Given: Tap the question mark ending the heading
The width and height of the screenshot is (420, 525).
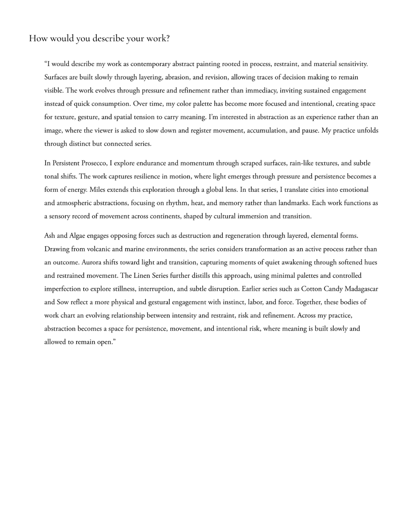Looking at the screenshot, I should pyautogui.click(x=168, y=38).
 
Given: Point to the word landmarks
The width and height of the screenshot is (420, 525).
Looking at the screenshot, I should pyautogui.click(x=294, y=203).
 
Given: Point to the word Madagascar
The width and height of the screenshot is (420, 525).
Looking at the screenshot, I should pyautogui.click(x=361, y=289).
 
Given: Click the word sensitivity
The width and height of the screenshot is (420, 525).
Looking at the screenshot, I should pyautogui.click(x=352, y=64).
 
